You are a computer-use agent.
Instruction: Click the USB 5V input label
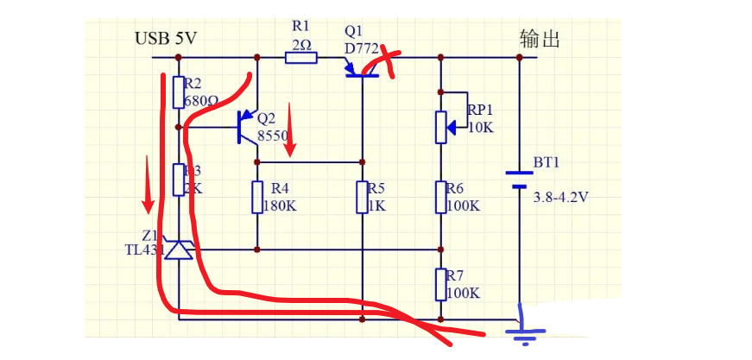pyautogui.click(x=167, y=39)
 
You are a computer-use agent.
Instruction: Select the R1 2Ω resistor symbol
pyautogui.click(x=301, y=58)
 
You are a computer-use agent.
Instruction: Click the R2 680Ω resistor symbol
pyautogui.click(x=179, y=92)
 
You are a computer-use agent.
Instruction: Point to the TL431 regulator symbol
pyautogui.click(x=179, y=250)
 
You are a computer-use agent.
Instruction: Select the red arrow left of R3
pyautogui.click(x=149, y=183)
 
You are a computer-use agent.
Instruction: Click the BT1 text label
pyautogui.click(x=547, y=161)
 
